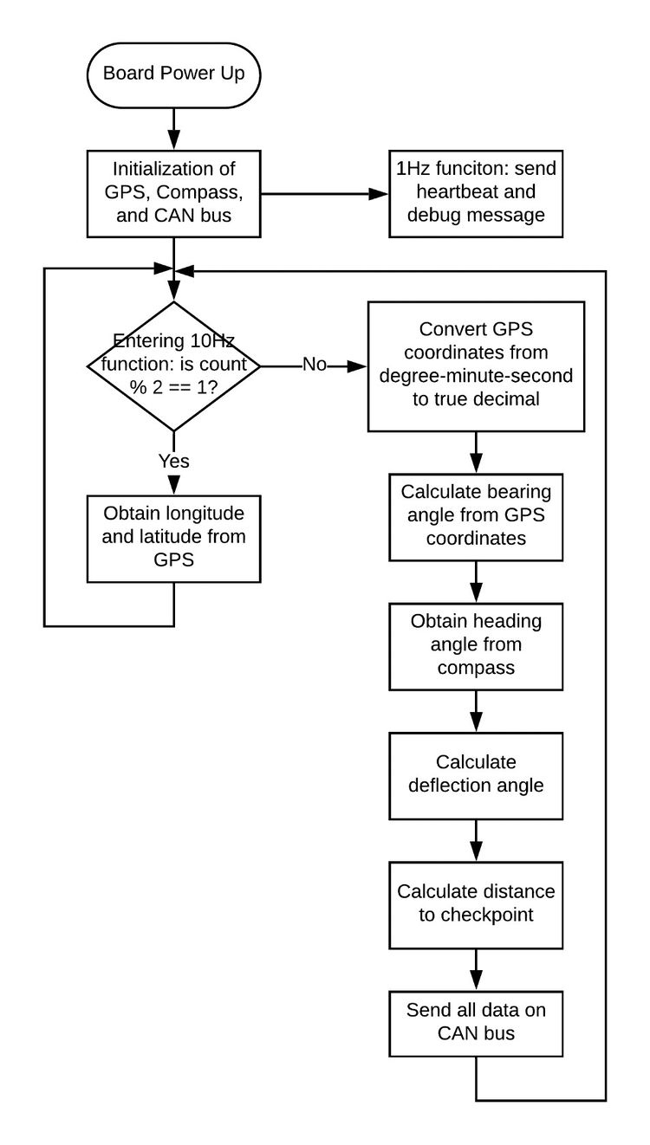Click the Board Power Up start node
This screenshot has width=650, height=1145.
174,75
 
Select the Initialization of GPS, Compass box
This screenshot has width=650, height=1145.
174,194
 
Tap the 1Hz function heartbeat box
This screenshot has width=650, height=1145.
476,194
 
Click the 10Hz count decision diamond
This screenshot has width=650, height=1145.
174,366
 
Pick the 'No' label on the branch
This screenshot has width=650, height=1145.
315,365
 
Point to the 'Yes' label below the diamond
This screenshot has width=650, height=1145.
174,461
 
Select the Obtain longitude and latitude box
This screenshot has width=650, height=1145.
174,539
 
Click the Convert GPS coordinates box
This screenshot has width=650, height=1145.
476,366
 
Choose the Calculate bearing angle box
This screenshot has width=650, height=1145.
476,517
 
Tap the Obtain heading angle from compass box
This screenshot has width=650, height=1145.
476,647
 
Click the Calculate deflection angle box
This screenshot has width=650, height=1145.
476,776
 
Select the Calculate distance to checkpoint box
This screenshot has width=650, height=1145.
476,905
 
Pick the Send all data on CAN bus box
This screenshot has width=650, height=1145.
476,1024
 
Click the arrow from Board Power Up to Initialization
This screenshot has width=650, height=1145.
174,129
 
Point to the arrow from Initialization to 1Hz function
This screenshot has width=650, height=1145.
325,194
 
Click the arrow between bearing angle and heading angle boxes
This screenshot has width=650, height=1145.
476,582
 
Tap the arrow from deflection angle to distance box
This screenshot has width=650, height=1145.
476,840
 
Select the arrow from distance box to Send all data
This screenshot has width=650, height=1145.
476,970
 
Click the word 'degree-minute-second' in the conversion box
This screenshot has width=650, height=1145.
476,376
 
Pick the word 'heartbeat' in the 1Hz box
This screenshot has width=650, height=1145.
450,191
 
